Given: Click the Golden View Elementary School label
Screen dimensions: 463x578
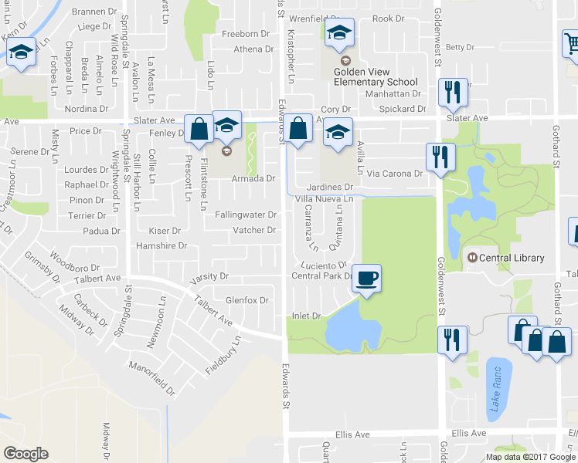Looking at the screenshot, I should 376,76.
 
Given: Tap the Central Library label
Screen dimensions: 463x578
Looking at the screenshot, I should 512,258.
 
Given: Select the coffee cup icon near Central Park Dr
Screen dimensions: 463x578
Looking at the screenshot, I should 366,277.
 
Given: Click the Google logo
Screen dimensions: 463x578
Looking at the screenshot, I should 25,454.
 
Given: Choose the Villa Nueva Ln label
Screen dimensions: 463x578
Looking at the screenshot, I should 325,199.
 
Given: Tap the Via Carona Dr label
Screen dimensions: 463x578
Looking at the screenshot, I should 395,174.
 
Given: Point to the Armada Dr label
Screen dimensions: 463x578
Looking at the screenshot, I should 254,178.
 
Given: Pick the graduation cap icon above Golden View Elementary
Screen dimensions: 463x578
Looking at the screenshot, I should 338,33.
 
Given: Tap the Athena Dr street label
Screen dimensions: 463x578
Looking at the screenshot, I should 253,49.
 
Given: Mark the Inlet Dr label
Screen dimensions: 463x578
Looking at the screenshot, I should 306,315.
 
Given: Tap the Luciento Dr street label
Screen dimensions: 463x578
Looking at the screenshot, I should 324,265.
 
